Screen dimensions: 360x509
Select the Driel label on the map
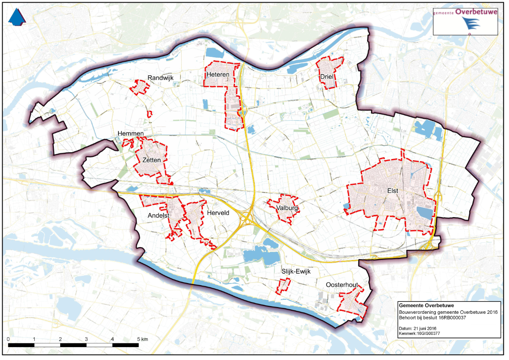click(x=327, y=77)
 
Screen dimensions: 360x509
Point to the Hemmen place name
click(x=131, y=134)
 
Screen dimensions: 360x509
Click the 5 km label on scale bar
click(x=142, y=339)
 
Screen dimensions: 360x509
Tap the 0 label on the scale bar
click(x=9, y=339)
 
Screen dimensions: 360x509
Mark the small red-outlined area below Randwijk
click(x=150, y=114)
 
